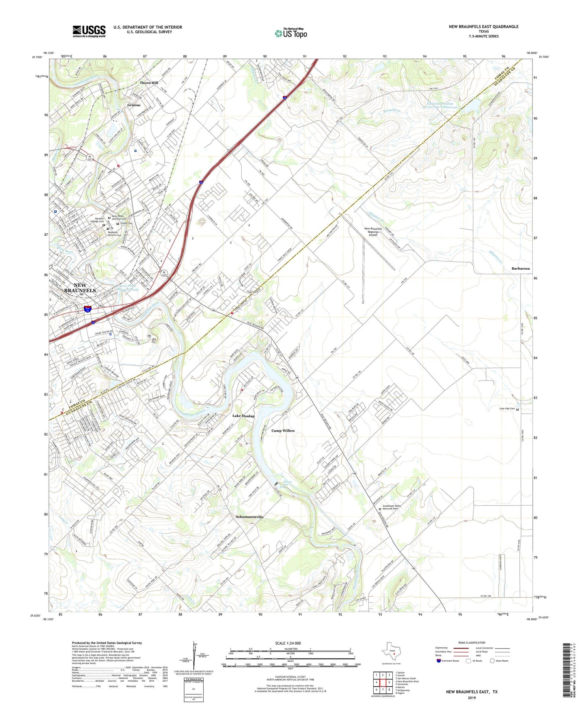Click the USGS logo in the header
89,31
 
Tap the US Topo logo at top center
291,33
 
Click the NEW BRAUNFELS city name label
80,287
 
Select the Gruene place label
134,105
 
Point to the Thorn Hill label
149,83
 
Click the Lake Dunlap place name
243,416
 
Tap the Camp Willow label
283,431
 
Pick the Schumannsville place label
250,517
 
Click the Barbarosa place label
520,268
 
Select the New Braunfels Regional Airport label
373,232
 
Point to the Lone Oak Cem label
507,409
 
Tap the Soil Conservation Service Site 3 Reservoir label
440,106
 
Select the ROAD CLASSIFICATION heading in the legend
472,643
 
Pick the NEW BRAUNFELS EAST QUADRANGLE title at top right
483,27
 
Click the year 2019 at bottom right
472,698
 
